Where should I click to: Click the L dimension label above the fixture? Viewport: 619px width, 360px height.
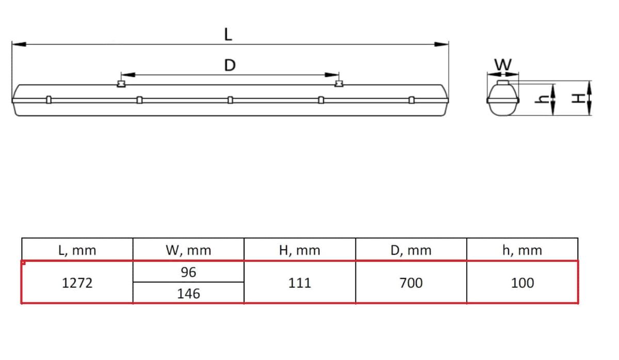coord(228,34)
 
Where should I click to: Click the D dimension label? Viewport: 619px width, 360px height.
coord(230,66)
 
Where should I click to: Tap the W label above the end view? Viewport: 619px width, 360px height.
coord(503,65)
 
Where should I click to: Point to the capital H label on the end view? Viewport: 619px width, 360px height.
coord(580,98)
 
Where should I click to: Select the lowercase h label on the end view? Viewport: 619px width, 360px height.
coord(542,99)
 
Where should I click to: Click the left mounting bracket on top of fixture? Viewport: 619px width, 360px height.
coord(121,83)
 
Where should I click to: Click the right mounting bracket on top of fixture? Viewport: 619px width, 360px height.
coord(338,83)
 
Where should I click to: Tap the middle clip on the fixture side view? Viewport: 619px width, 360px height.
coord(230,100)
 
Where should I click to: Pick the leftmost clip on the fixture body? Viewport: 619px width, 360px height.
coord(48,100)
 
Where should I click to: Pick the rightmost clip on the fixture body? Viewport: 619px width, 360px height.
coord(411,100)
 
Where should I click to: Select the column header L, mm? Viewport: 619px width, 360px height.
coord(77,250)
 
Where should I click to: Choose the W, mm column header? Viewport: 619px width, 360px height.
coord(188,250)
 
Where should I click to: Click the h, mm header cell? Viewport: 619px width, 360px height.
coord(522,250)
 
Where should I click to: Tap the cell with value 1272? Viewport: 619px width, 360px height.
coord(77,283)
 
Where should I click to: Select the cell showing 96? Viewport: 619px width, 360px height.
coord(188,272)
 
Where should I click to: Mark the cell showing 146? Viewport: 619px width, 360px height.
coord(188,293)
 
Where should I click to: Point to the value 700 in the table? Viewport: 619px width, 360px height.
coord(411,283)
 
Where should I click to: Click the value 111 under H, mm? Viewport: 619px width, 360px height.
coord(300,283)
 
